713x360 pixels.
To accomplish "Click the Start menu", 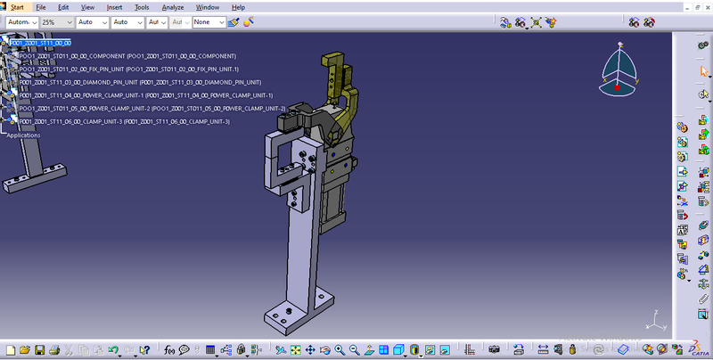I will (17, 7).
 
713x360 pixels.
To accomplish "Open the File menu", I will (41, 7).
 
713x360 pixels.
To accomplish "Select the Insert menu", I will (114, 7).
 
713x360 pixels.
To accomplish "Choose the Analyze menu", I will (172, 7).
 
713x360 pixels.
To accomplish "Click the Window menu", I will (208, 7).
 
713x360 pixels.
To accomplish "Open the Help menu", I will (238, 7).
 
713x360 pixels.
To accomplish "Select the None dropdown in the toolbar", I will (209, 21).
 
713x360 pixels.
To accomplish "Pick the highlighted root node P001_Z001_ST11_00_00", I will (41, 42).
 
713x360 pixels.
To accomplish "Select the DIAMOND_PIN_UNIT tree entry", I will (134, 82).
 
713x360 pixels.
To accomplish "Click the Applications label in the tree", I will (24, 135).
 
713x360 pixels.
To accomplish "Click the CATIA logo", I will (699, 348).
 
